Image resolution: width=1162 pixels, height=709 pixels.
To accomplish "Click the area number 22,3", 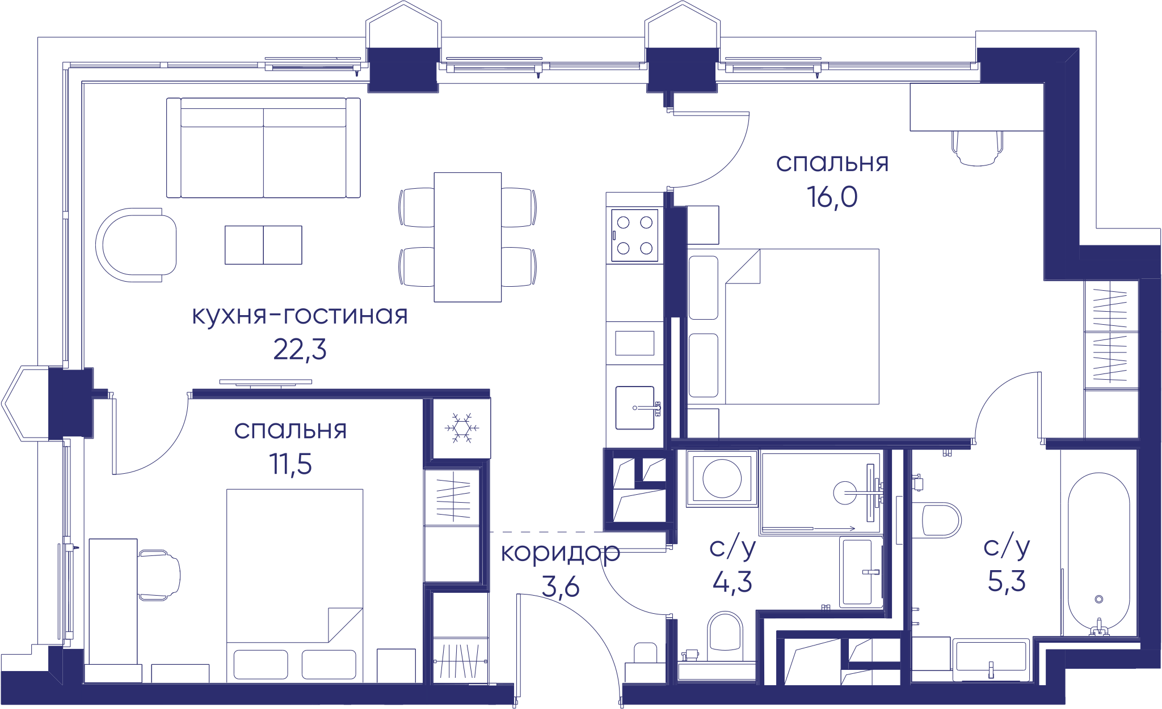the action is (x=300, y=350).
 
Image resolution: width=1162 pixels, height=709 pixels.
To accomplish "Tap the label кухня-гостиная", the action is (x=300, y=315).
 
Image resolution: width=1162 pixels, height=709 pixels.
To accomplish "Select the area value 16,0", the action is (x=832, y=197).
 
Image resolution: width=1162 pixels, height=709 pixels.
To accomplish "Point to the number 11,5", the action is (x=290, y=464).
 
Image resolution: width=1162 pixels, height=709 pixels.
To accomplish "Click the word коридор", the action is (x=560, y=553).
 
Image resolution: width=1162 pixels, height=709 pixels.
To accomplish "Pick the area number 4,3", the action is (x=732, y=581).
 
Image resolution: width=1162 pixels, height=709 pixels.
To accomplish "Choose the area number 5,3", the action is (x=1007, y=581).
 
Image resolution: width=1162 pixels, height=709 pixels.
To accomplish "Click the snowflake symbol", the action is (x=462, y=428).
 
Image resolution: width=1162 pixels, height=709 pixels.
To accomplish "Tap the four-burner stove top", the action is (x=634, y=235).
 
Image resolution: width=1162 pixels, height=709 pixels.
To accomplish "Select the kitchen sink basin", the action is (x=635, y=407).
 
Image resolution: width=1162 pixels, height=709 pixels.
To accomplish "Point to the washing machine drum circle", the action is (x=722, y=478).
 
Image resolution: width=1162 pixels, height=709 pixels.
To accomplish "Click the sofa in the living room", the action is (x=263, y=148).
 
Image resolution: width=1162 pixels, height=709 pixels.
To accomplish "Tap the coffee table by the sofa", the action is (x=263, y=245).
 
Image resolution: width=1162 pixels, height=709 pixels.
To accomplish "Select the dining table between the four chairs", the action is (x=468, y=237).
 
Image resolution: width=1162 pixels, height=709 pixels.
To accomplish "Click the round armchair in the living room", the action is (x=136, y=245).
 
